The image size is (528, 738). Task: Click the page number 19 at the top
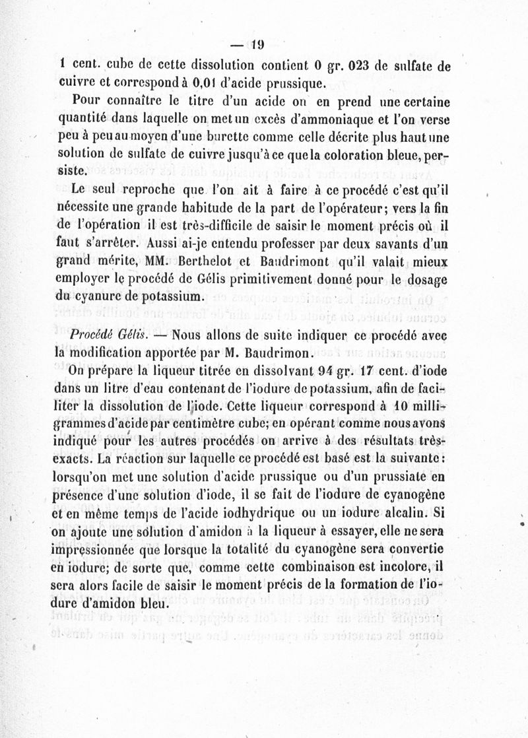coord(257,45)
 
